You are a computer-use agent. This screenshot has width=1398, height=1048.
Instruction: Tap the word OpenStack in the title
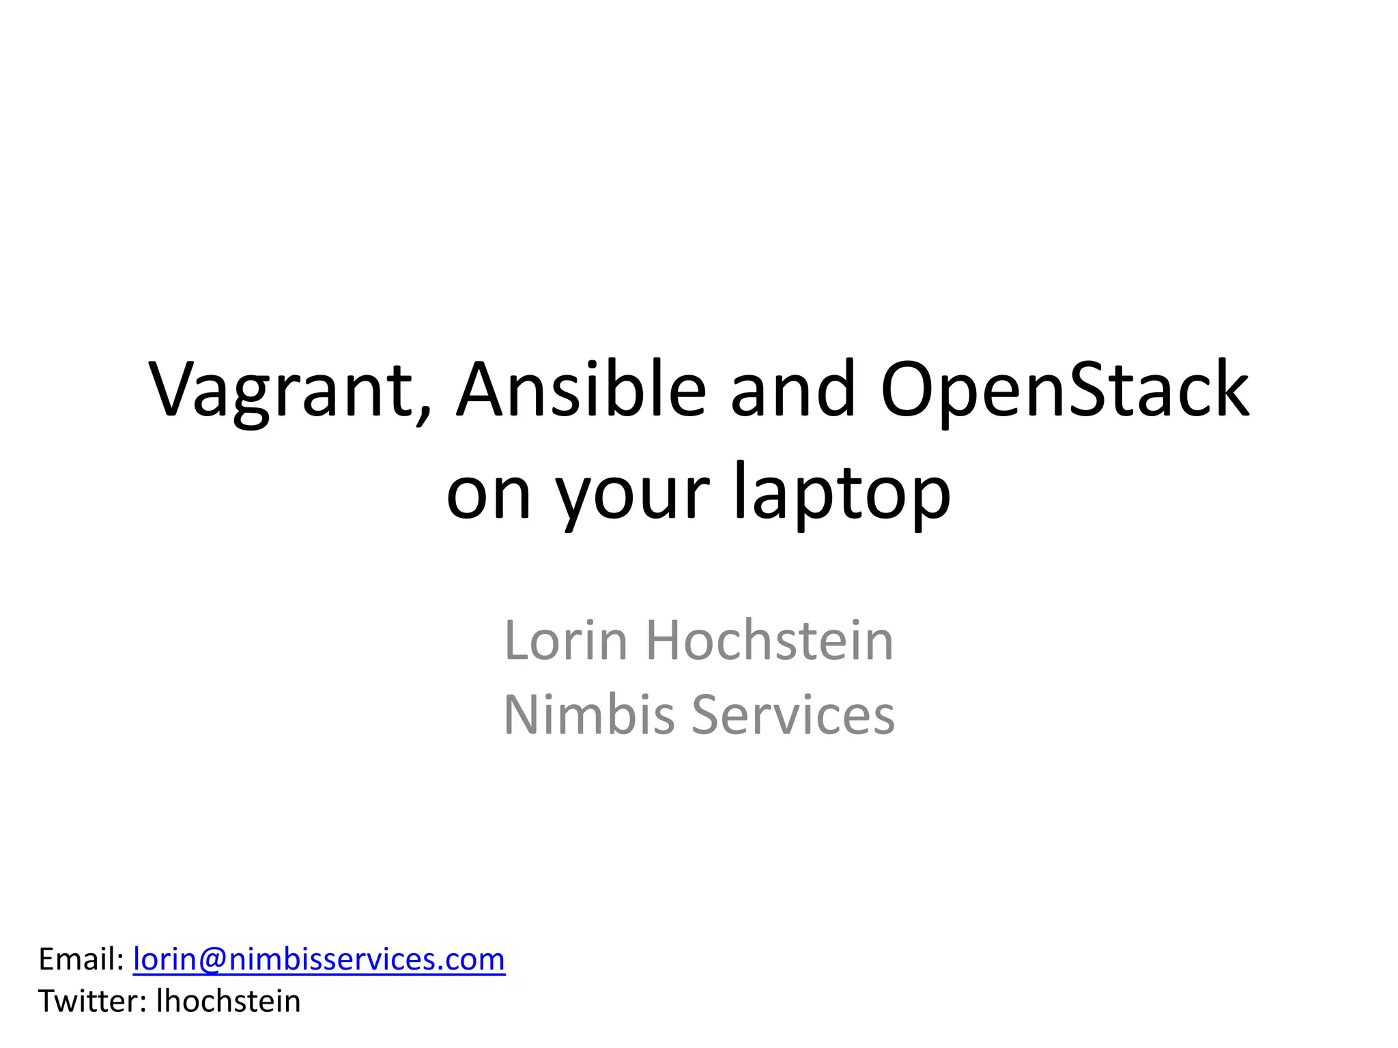[x=1065, y=390]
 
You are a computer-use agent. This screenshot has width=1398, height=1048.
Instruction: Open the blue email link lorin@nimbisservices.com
[x=319, y=959]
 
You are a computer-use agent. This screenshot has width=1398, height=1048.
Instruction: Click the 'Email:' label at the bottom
[x=81, y=959]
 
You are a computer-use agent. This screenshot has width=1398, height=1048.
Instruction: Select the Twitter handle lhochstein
[x=229, y=1002]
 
